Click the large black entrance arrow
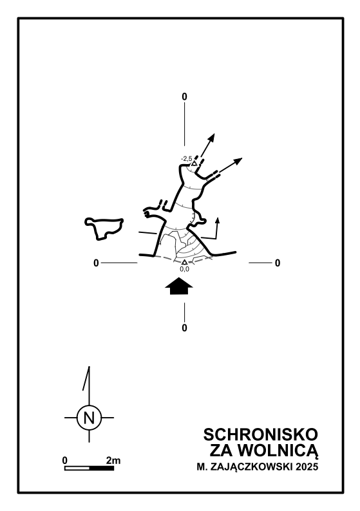[179, 286]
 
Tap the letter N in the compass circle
[89, 418]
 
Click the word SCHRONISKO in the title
[261, 434]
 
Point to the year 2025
[307, 467]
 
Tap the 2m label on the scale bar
[113, 461]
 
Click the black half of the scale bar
[101, 469]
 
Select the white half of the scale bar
[77, 469]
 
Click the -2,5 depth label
[187, 159]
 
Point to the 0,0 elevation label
[185, 269]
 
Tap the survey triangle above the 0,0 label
[185, 262]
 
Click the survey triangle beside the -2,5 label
[194, 163]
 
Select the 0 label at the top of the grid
[185, 97]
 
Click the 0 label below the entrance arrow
[185, 328]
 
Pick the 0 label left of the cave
[96, 263]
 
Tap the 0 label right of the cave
[278, 263]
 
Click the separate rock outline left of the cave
[104, 228]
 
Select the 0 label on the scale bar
[65, 461]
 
